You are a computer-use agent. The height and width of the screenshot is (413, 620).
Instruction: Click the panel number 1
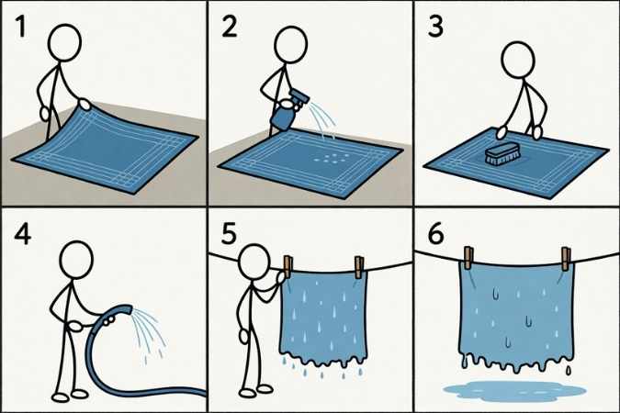coord(20,27)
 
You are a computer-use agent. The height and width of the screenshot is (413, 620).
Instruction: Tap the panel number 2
coord(230,27)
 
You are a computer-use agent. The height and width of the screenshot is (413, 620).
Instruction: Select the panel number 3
coord(435,27)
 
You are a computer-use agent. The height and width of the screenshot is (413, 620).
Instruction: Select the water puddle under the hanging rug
coord(514,389)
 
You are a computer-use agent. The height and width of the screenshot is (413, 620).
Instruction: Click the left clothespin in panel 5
coord(287,267)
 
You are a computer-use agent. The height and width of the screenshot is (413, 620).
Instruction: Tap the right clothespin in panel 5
coord(359,267)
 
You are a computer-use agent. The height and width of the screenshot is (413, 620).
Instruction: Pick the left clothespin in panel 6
coord(468,258)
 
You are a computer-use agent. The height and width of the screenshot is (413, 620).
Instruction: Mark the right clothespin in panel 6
coord(566,259)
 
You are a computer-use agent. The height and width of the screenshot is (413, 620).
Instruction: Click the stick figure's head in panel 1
coord(64,43)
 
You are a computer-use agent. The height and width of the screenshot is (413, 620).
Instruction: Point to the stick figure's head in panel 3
coord(518,60)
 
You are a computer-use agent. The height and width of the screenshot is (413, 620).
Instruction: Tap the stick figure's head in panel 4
coord(76,260)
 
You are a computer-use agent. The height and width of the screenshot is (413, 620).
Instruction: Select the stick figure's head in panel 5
coord(255,262)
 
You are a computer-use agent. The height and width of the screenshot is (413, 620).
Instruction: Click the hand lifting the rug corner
coord(85,104)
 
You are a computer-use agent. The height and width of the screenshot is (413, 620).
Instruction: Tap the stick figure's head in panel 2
coord(290,44)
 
